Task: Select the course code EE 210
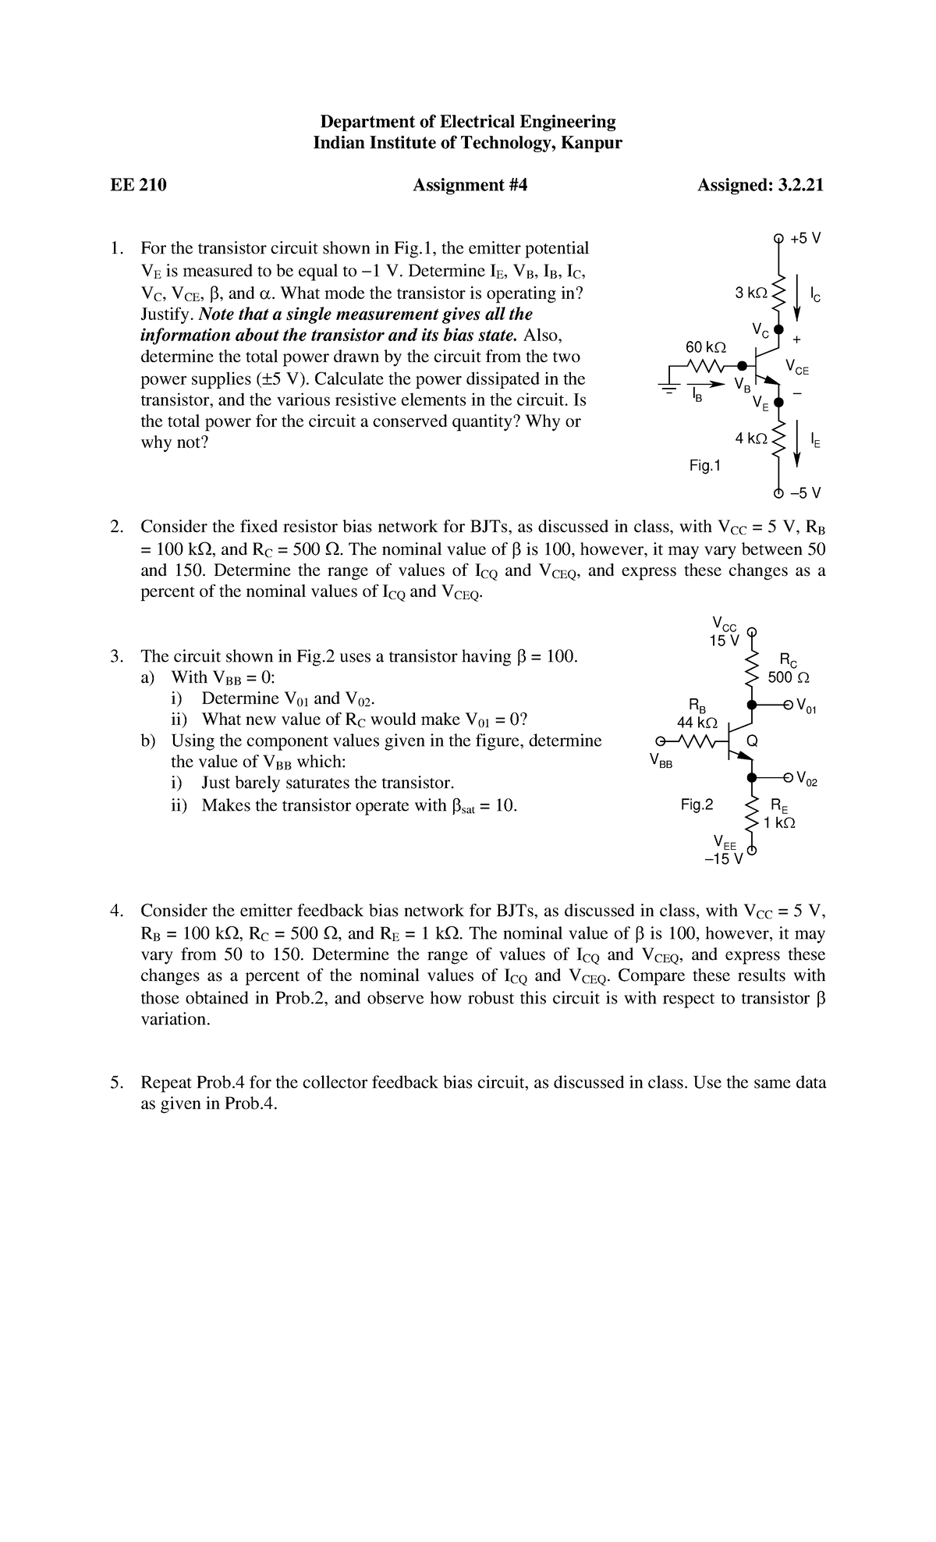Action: pos(138,185)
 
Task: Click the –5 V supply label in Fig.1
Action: pos(805,493)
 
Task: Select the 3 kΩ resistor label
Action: pos(750,293)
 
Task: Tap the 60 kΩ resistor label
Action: pos(705,346)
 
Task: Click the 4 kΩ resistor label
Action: pos(750,439)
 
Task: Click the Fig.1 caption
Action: pos(705,466)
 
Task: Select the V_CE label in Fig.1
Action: pos(797,367)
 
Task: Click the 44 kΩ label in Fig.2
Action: pos(697,723)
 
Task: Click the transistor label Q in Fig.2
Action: pos(752,740)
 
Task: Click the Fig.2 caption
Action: pos(697,804)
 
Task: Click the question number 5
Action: pos(115,1083)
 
